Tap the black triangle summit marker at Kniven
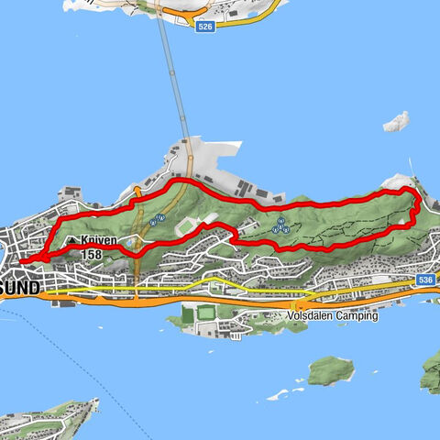[x=70, y=242]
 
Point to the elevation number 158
[x=92, y=254]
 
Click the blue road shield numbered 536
[x=423, y=279]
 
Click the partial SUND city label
[x=20, y=288]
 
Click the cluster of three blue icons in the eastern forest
[x=280, y=225]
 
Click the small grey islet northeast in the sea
[x=396, y=121]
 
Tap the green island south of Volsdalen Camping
[x=331, y=370]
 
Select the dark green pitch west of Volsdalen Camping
[x=208, y=313]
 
